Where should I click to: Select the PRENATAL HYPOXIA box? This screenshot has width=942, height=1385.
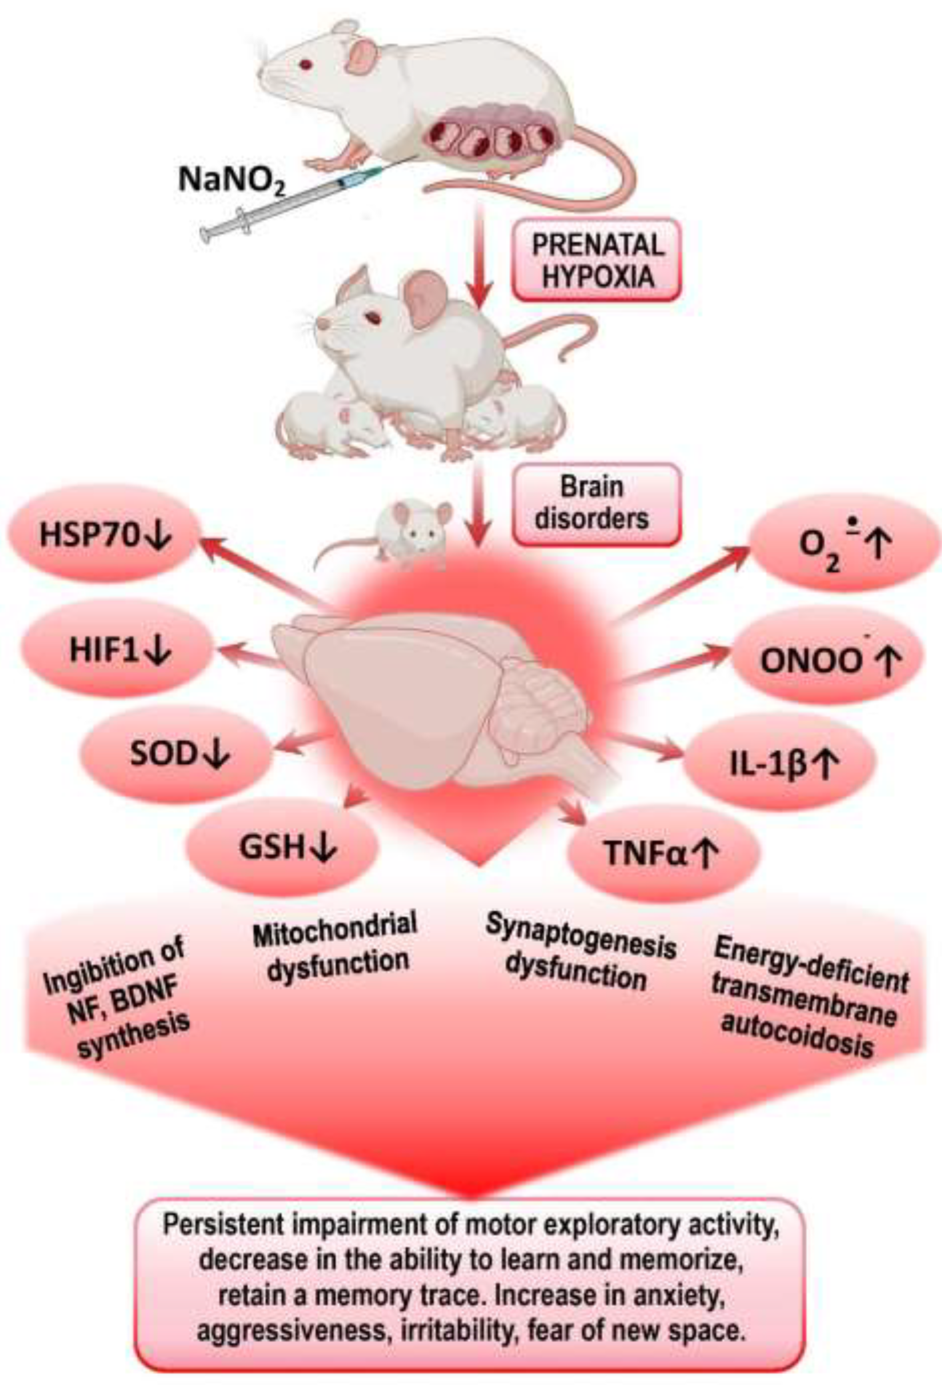coord(596,261)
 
